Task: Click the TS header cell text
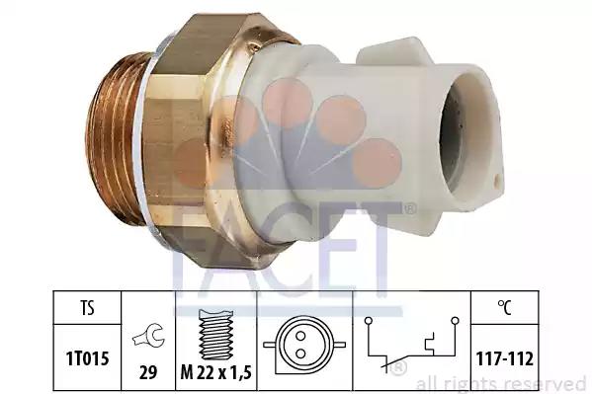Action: click(x=87, y=308)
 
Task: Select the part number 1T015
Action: click(x=87, y=358)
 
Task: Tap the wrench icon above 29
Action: click(x=148, y=336)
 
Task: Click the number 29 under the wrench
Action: click(x=148, y=373)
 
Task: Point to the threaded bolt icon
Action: click(x=216, y=335)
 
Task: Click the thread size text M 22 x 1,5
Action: click(x=216, y=373)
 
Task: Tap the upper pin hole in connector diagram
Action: click(x=300, y=336)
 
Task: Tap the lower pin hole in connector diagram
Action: click(x=300, y=354)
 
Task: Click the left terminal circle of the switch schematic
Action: click(x=369, y=321)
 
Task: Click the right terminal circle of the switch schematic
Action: click(x=456, y=321)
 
